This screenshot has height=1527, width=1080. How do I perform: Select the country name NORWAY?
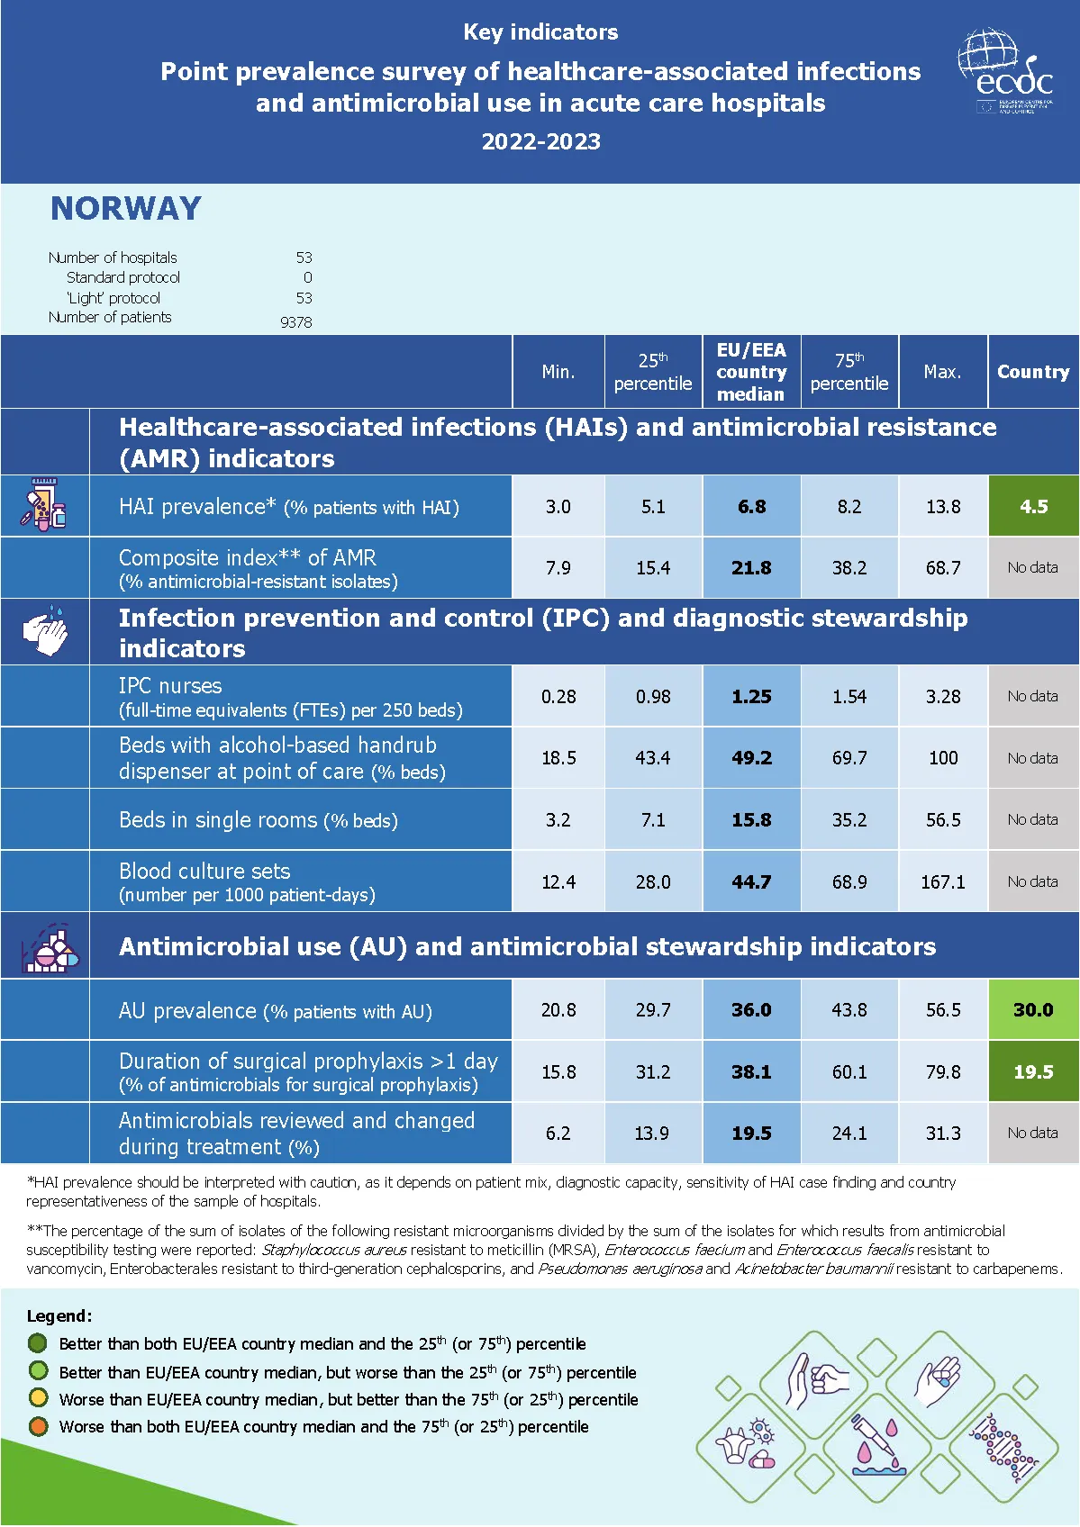point(126,209)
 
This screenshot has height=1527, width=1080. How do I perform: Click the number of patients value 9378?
point(296,321)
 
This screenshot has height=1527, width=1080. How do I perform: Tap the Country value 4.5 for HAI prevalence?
point(1033,506)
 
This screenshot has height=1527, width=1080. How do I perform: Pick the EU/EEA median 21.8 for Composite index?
point(751,568)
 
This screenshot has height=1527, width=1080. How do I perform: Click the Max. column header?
point(942,372)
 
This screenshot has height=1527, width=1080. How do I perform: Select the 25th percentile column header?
point(652,372)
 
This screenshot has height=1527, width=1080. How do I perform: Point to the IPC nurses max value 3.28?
point(943,696)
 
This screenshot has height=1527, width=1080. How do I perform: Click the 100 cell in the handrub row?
point(943,758)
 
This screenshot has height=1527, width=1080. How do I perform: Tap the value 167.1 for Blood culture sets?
point(942,881)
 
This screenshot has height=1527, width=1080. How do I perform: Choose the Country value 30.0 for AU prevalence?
point(1033,1009)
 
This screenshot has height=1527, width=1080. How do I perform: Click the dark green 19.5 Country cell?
point(1033,1071)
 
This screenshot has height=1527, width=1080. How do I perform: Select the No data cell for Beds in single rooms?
point(1032,819)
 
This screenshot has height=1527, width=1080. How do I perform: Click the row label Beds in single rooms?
point(259,820)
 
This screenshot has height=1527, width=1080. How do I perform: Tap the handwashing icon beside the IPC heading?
point(45,631)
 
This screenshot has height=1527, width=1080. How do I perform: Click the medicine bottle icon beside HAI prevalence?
point(43,505)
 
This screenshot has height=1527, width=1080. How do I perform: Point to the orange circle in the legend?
point(38,1426)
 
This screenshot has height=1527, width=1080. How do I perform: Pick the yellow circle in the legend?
point(38,1398)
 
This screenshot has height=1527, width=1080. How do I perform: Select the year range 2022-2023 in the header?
point(540,141)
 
